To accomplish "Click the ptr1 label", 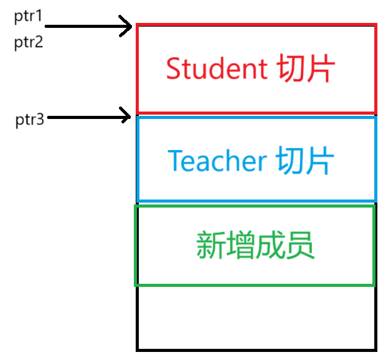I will pos(28,15).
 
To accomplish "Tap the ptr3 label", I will pos(30,120).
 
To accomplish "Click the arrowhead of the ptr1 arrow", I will pos(128,27).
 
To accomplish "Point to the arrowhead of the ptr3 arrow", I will pos(127,115).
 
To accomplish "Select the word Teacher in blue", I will pos(217,161).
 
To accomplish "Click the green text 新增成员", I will pos(255,246).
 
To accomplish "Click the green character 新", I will pos(210,246).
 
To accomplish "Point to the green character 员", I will pos(300,246).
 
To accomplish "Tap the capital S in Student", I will pos(173,69).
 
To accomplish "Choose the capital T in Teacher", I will pos(176,161).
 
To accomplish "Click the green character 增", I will pos(240,246).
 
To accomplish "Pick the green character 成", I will pos(270,246).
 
